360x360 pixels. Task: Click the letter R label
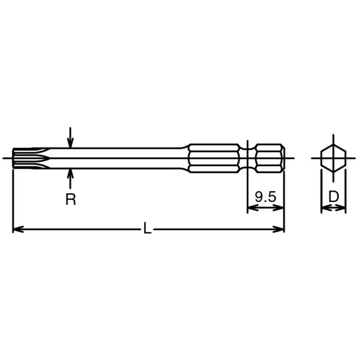coord(71,199)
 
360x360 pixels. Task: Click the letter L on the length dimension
coord(147,228)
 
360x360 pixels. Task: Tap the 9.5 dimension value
coord(265,197)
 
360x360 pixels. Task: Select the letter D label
coord(333,197)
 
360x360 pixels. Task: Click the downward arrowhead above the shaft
coord(70,143)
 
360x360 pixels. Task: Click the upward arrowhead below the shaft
coord(70,174)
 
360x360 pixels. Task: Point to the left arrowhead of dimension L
coord(18,229)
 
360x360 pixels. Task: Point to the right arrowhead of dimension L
coord(279,229)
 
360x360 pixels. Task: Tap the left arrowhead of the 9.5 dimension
coord(253,208)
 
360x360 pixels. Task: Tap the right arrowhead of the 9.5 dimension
coord(279,208)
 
